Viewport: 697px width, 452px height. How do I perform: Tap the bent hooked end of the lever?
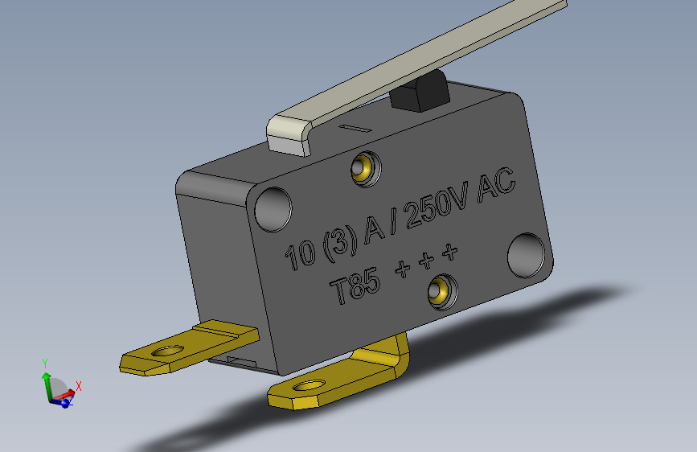click(x=291, y=134)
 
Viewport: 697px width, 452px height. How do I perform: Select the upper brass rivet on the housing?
click(x=363, y=168)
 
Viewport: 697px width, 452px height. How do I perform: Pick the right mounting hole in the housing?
click(x=527, y=256)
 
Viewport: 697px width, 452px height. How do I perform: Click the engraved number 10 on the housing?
click(x=301, y=255)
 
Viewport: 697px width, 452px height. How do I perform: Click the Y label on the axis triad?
click(x=46, y=363)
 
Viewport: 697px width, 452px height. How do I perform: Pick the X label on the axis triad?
click(x=79, y=387)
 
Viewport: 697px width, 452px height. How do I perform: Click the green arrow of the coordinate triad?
click(x=47, y=380)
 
